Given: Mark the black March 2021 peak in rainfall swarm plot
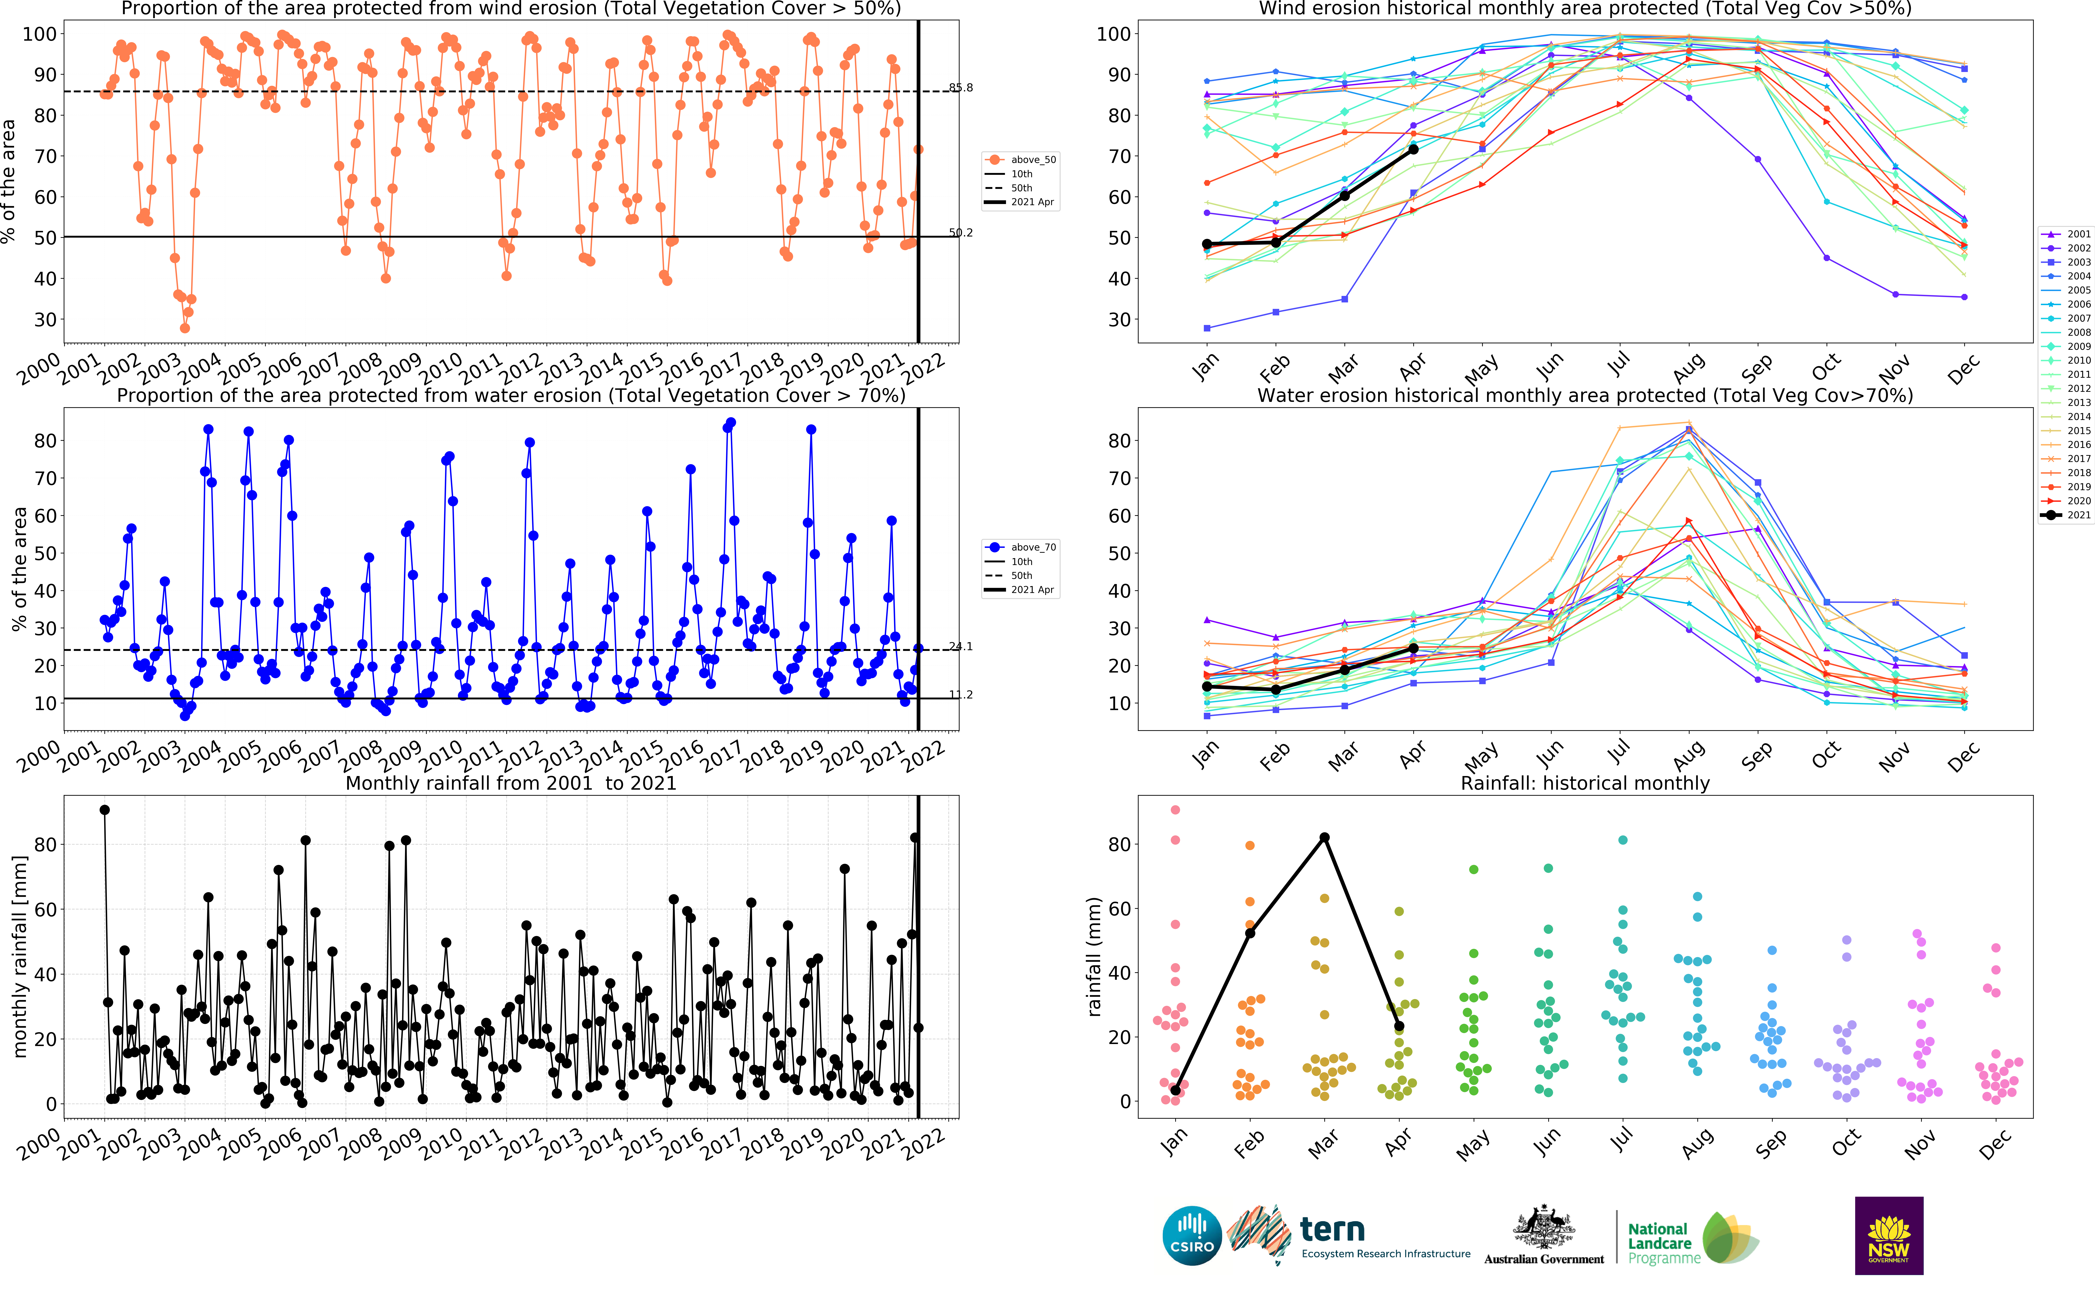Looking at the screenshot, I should tap(1324, 838).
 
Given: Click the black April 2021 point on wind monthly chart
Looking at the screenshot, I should tap(1413, 150).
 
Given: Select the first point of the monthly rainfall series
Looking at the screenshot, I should tap(104, 809).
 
